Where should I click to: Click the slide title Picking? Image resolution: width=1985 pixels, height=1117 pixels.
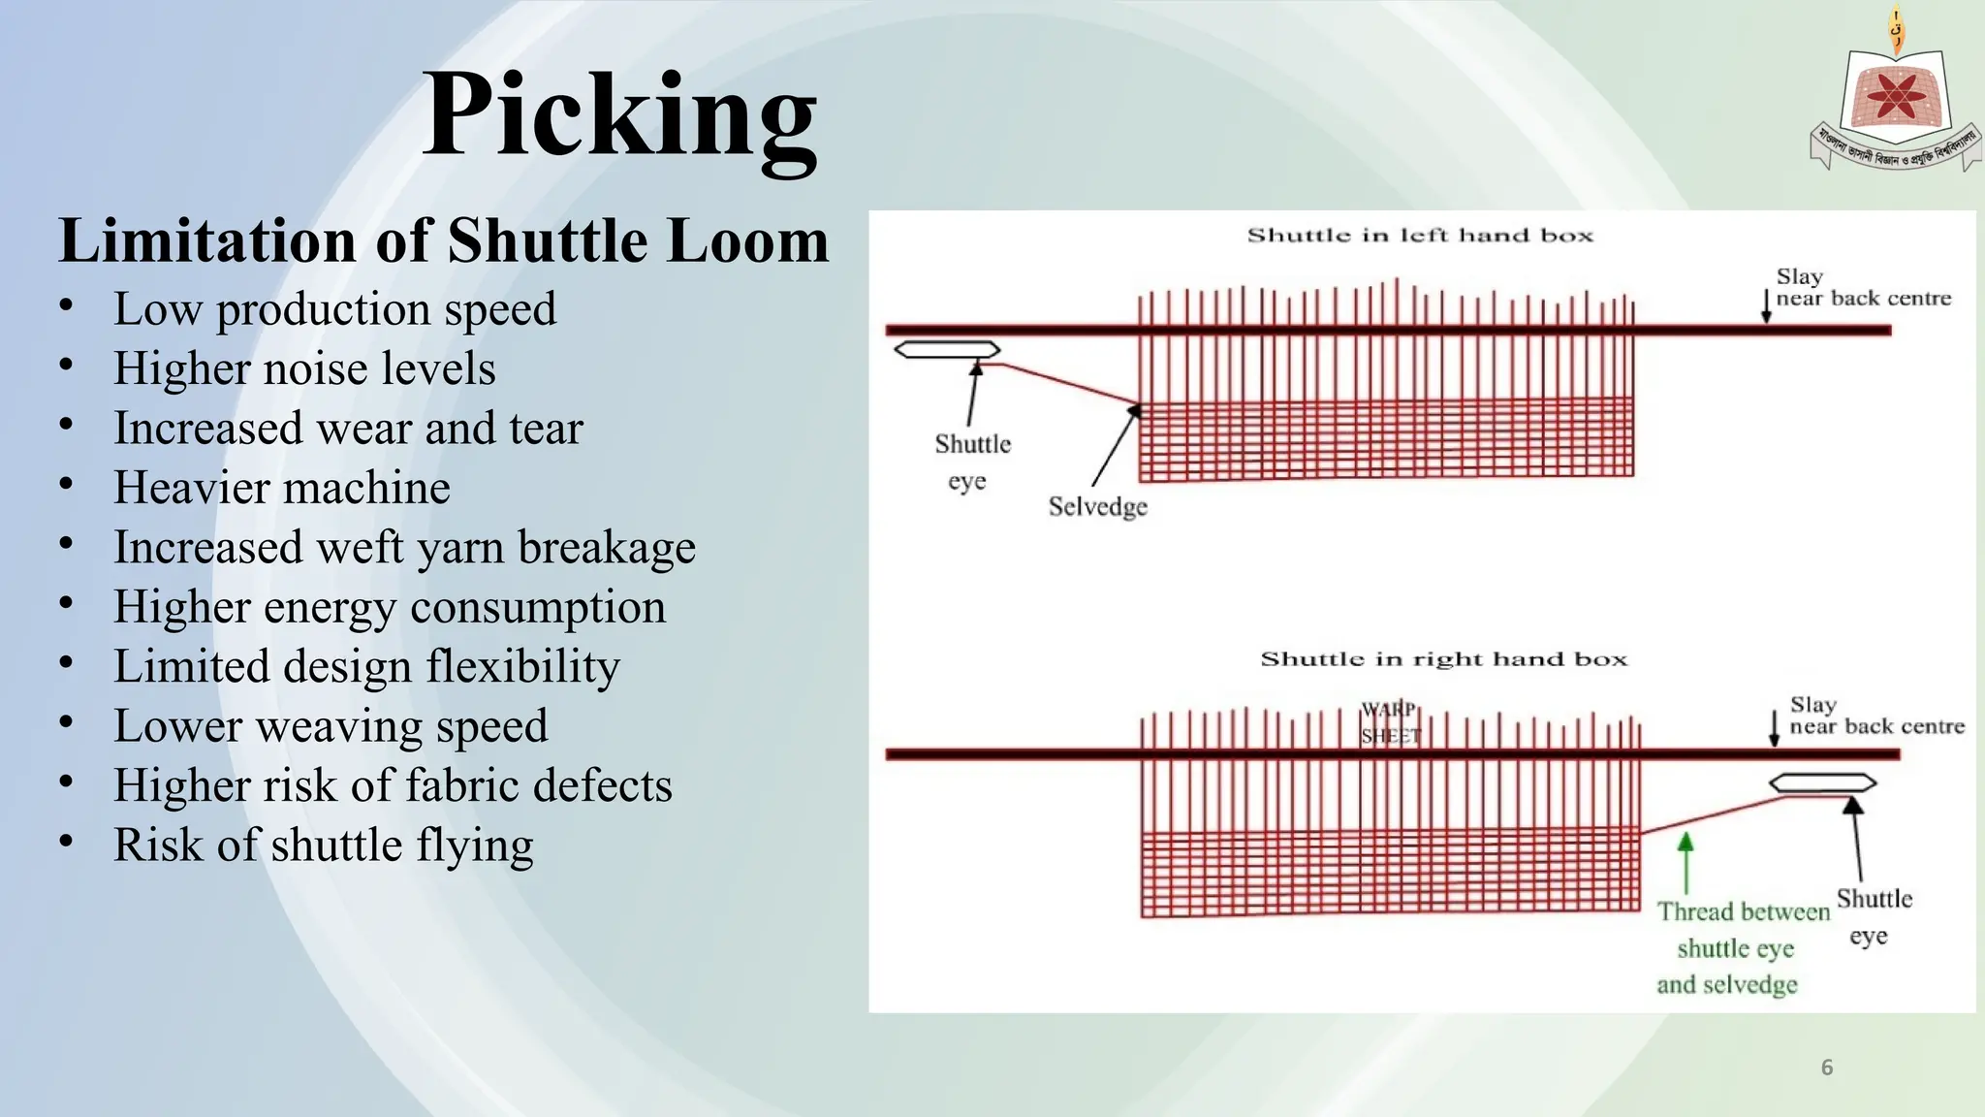click(620, 116)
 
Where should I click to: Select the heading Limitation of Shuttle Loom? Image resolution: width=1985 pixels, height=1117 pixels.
click(444, 240)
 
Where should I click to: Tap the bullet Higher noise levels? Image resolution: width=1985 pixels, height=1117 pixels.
click(304, 368)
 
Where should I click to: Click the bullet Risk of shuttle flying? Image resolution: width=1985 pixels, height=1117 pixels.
click(323, 845)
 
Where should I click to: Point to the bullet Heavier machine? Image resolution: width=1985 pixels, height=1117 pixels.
click(281, 488)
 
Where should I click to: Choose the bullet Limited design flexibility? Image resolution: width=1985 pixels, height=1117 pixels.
click(366, 666)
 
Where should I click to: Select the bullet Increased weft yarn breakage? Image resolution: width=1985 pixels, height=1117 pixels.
click(404, 547)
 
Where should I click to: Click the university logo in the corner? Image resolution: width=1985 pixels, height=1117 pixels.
click(1895, 97)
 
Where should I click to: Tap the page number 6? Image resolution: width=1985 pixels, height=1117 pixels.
click(1827, 1068)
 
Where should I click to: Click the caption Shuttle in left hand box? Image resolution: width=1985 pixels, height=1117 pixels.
click(1420, 235)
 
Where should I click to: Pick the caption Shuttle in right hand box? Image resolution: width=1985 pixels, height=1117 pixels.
click(1443, 659)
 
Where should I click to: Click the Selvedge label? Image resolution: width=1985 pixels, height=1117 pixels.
click(1097, 506)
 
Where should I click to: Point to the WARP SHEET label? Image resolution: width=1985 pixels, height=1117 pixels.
click(1390, 722)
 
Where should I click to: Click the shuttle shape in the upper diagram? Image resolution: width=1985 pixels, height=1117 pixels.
click(946, 349)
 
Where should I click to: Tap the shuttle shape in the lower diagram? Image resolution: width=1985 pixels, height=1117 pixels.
click(1823, 782)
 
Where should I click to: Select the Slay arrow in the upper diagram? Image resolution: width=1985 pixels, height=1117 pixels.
click(1766, 304)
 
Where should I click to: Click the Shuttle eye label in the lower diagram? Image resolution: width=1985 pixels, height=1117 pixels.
click(1873, 916)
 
